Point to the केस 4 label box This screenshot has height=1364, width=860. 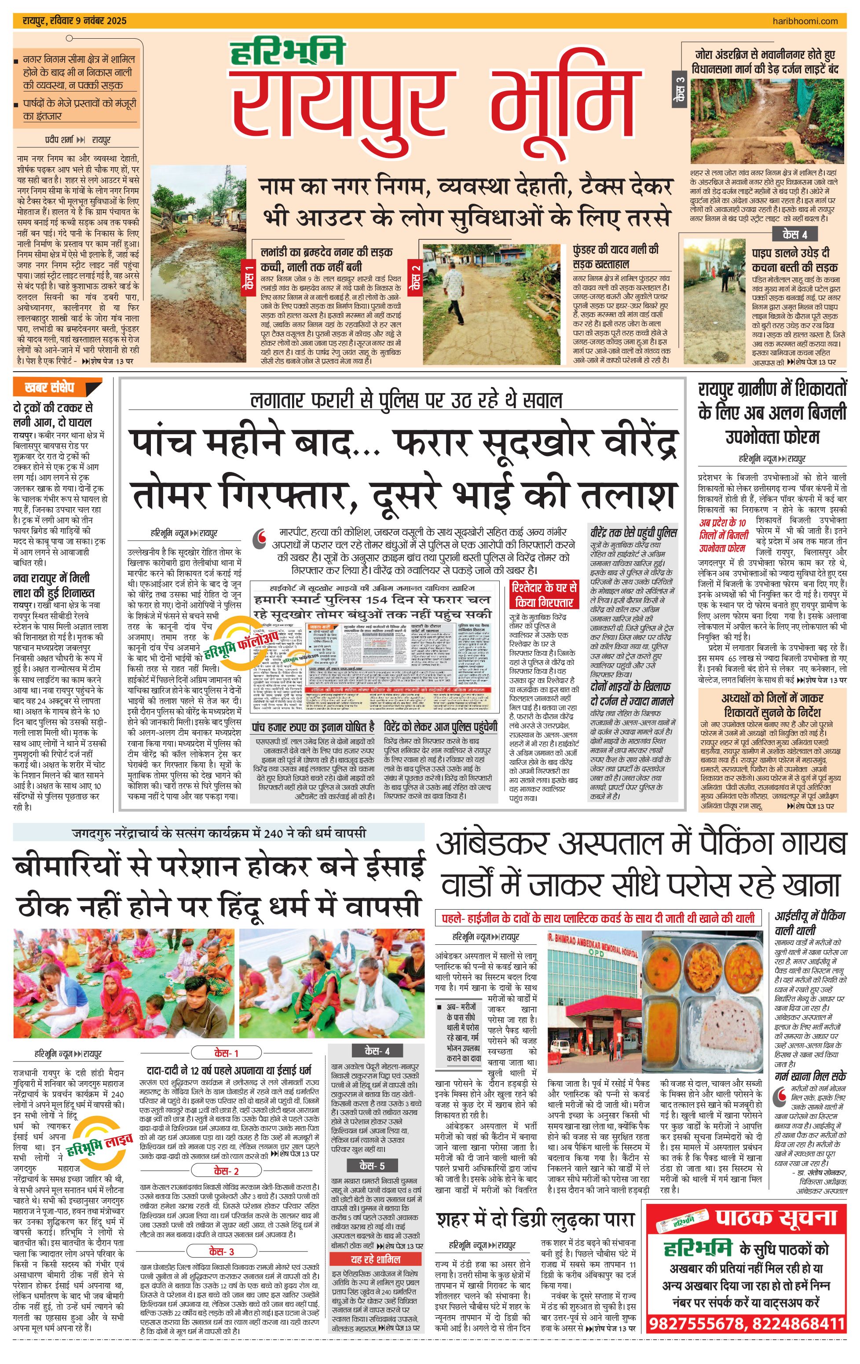tap(794, 234)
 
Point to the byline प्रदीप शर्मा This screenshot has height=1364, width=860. tap(59, 139)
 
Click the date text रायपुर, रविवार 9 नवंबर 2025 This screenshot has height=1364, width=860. tap(75, 21)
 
